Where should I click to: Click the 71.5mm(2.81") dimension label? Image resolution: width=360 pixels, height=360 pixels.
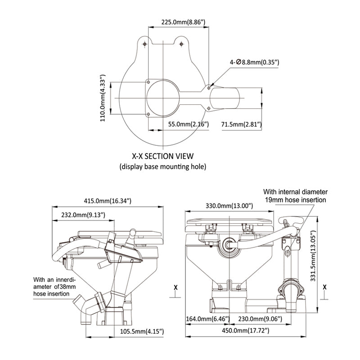(241, 125)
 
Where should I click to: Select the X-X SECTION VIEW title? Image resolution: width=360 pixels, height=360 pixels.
(162, 156)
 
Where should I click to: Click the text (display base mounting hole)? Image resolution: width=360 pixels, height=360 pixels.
(162, 166)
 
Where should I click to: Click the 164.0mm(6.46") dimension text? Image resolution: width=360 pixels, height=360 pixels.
(208, 319)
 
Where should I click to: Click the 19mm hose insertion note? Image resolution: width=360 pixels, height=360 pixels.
(296, 195)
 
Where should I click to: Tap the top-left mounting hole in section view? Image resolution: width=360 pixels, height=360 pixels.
(144, 44)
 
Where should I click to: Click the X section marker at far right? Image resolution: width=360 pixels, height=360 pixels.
(324, 286)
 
